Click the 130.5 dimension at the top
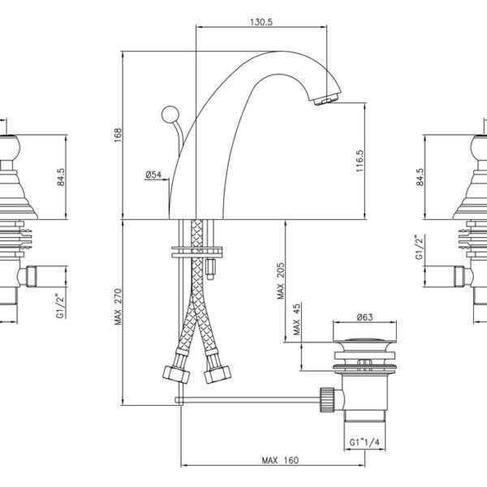[x=261, y=22]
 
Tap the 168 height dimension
[x=118, y=135]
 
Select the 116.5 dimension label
[x=360, y=162]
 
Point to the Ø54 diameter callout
[x=153, y=175]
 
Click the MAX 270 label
[x=118, y=307]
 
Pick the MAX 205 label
[x=281, y=281]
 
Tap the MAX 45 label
[x=296, y=319]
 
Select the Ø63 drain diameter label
[x=364, y=317]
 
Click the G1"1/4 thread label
[x=364, y=442]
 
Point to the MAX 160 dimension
[x=280, y=460]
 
